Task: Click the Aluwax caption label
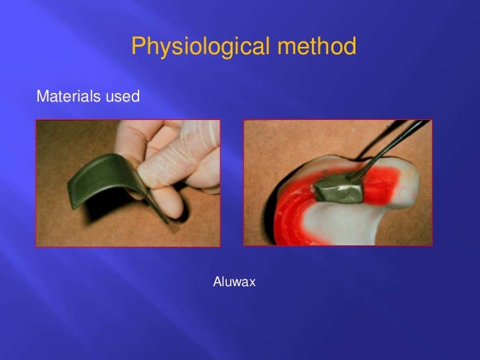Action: click(x=234, y=282)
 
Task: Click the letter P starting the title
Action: click(x=138, y=47)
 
